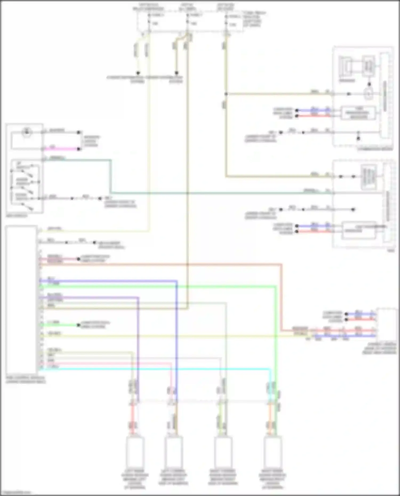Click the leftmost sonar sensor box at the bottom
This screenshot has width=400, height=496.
tap(135, 452)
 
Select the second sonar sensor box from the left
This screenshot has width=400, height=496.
tap(173, 452)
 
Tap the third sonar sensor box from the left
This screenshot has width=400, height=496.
tap(223, 452)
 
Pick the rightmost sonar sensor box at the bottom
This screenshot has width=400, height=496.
tap(273, 452)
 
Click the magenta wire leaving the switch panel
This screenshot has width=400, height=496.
tap(61, 149)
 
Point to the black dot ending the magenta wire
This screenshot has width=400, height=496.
tap(79, 149)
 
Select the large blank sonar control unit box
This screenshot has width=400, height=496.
tap(21, 300)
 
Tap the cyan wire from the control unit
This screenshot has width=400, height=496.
tap(160, 369)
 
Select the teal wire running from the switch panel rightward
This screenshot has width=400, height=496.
tap(213, 192)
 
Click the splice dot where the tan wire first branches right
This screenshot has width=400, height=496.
tap(226, 94)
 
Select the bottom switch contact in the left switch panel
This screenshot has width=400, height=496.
tap(27, 207)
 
